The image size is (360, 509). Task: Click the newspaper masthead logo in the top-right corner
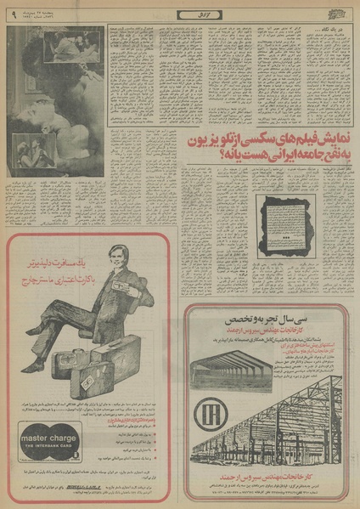pyautogui.click(x=339, y=12)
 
